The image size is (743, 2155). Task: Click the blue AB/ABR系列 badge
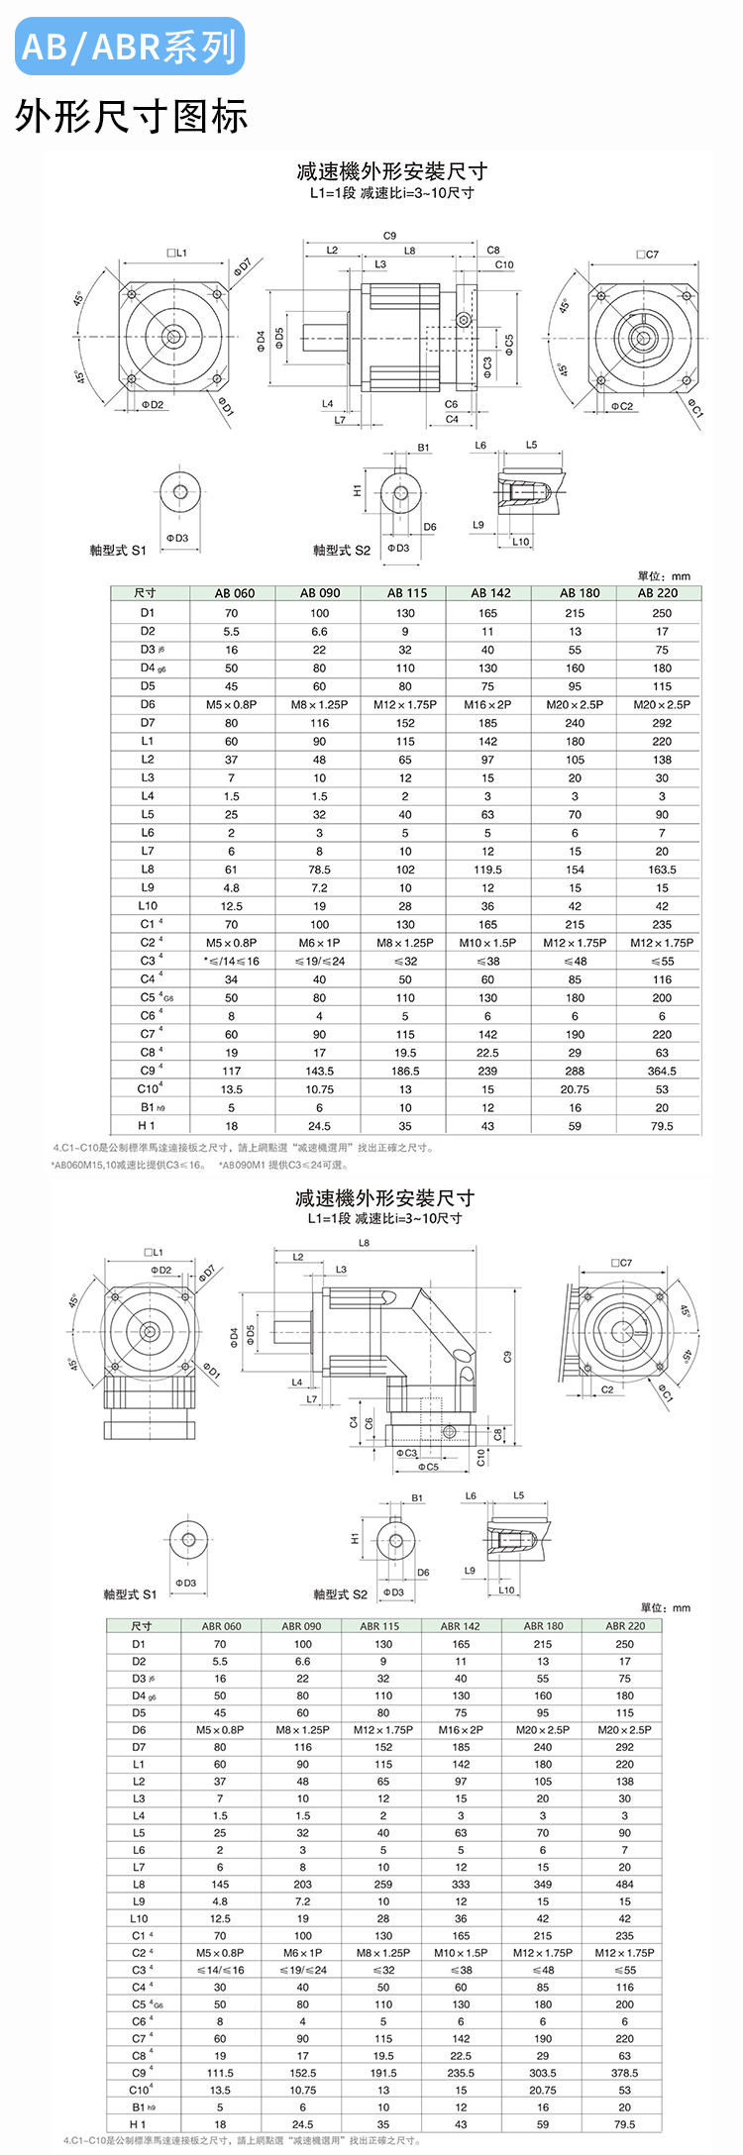point(129,47)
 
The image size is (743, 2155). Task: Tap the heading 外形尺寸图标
point(131,117)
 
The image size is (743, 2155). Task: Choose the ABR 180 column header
point(543,1626)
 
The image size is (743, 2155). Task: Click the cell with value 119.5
point(487,870)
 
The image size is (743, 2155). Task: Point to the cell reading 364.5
point(662,1071)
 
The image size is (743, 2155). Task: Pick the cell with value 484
point(624,1884)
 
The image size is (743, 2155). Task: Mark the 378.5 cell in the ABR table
point(624,2073)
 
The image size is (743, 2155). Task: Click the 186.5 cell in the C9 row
point(405,1071)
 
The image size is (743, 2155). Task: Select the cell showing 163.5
point(662,870)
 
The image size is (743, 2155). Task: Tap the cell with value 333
point(461,1884)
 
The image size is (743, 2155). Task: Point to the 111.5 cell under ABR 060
point(220,2073)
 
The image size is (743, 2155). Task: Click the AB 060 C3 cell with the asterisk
point(231,961)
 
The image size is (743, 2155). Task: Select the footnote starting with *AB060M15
point(129,1165)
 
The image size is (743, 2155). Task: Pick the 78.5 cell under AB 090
point(319,870)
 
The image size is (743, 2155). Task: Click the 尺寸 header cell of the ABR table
point(142,1626)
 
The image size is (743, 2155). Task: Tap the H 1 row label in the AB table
point(148,1126)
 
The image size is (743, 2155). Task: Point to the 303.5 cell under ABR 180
point(543,2073)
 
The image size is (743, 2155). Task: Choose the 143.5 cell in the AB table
point(319,1071)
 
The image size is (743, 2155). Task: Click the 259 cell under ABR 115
point(383,1884)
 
